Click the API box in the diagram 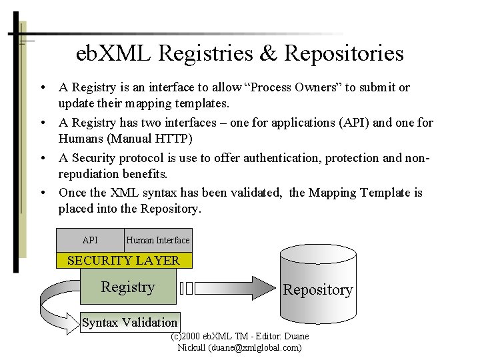click(x=90, y=240)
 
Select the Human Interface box click(x=158, y=240)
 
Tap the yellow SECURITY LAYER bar click(x=123, y=260)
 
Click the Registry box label click(x=127, y=287)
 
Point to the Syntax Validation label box click(x=129, y=323)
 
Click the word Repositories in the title click(x=344, y=53)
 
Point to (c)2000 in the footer click(x=189, y=337)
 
